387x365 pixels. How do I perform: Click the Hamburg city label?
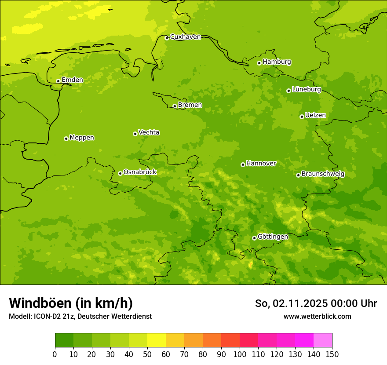point(277,62)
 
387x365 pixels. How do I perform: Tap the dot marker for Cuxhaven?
point(167,38)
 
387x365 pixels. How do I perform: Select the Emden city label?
point(72,80)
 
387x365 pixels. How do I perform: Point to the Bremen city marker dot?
point(175,106)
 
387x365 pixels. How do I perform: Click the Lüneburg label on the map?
point(306,89)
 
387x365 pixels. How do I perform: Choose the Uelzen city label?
point(315,115)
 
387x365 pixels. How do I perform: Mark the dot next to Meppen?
point(66,139)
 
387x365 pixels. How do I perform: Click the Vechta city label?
point(149,132)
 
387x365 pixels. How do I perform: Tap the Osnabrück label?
point(140,172)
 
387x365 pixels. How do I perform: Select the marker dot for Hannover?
point(243,164)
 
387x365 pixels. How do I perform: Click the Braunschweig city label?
point(323,174)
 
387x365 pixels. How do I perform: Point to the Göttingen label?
point(273,237)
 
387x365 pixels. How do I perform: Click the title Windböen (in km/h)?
point(71,303)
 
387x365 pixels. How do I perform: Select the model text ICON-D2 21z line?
point(80,317)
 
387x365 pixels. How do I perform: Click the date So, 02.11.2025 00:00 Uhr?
point(316,303)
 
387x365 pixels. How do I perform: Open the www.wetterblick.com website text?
point(317,317)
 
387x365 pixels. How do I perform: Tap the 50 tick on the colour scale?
point(147,354)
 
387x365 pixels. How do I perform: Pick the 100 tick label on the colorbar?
point(240,354)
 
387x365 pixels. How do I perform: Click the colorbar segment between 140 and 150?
point(323,340)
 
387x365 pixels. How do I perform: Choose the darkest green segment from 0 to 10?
point(64,340)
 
